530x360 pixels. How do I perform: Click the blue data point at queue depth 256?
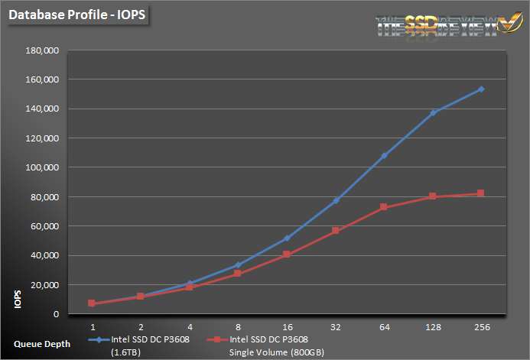481,89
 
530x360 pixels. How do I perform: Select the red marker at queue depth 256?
481,193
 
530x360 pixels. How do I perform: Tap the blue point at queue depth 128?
433,112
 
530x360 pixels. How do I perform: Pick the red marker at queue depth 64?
384,207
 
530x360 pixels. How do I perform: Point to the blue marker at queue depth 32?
336,200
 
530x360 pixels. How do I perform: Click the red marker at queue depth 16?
287,255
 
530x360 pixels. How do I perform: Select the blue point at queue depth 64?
384,156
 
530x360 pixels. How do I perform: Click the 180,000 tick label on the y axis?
43,50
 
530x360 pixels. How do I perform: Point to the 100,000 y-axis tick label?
43,167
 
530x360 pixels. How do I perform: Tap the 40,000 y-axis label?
45,255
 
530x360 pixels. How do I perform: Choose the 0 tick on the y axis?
57,314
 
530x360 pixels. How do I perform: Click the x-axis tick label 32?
336,326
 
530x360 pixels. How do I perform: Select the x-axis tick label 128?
433,326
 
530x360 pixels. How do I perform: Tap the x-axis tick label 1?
92,326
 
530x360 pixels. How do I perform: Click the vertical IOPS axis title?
17,300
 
